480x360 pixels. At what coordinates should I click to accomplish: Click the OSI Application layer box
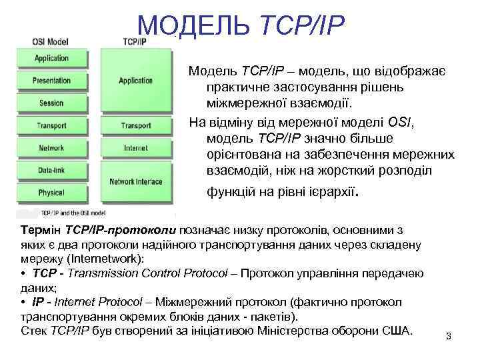[52, 58]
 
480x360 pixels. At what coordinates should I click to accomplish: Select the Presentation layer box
[52, 81]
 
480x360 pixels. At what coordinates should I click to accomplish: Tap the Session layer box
[52, 103]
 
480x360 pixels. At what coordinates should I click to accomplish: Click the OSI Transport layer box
[52, 125]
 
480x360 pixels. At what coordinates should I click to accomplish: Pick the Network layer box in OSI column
[52, 147]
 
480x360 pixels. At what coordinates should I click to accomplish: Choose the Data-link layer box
[52, 170]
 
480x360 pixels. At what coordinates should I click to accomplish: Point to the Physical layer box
[52, 193]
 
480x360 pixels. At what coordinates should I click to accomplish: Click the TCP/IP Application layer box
[136, 81]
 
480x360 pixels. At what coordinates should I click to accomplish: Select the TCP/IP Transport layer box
[136, 125]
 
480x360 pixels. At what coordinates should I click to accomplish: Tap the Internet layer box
[136, 147]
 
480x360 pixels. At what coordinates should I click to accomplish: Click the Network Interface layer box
[136, 181]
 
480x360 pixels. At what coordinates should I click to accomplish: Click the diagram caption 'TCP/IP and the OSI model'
[73, 213]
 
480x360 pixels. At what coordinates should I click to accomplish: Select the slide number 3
[449, 336]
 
